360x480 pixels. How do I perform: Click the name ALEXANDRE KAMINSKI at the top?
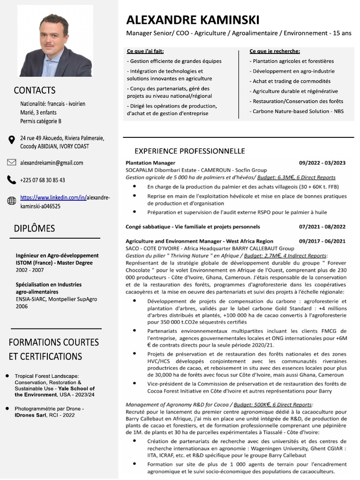tap(192, 20)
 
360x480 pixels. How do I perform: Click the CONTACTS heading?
tap(35, 90)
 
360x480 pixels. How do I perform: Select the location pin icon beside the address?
tap(12, 140)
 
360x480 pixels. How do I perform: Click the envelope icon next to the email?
tap(12, 163)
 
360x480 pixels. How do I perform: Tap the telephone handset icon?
tap(12, 180)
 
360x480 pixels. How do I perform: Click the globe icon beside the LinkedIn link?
tap(12, 201)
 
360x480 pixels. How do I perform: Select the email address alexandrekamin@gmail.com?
tap(52, 163)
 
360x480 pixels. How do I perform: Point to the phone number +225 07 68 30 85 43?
tap(43, 180)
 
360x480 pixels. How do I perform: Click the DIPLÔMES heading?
tap(34, 228)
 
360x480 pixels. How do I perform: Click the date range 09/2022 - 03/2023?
tap(322, 163)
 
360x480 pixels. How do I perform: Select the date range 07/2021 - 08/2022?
tap(322, 226)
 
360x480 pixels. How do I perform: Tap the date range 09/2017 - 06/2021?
tap(322, 241)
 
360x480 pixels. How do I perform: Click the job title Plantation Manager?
tap(143, 163)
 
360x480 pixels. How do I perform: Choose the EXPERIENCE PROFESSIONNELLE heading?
tap(189, 151)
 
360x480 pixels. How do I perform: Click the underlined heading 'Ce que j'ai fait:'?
tap(145, 51)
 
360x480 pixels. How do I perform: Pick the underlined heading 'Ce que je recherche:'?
tap(275, 51)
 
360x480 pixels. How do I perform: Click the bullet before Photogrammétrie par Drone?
tap(7, 408)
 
